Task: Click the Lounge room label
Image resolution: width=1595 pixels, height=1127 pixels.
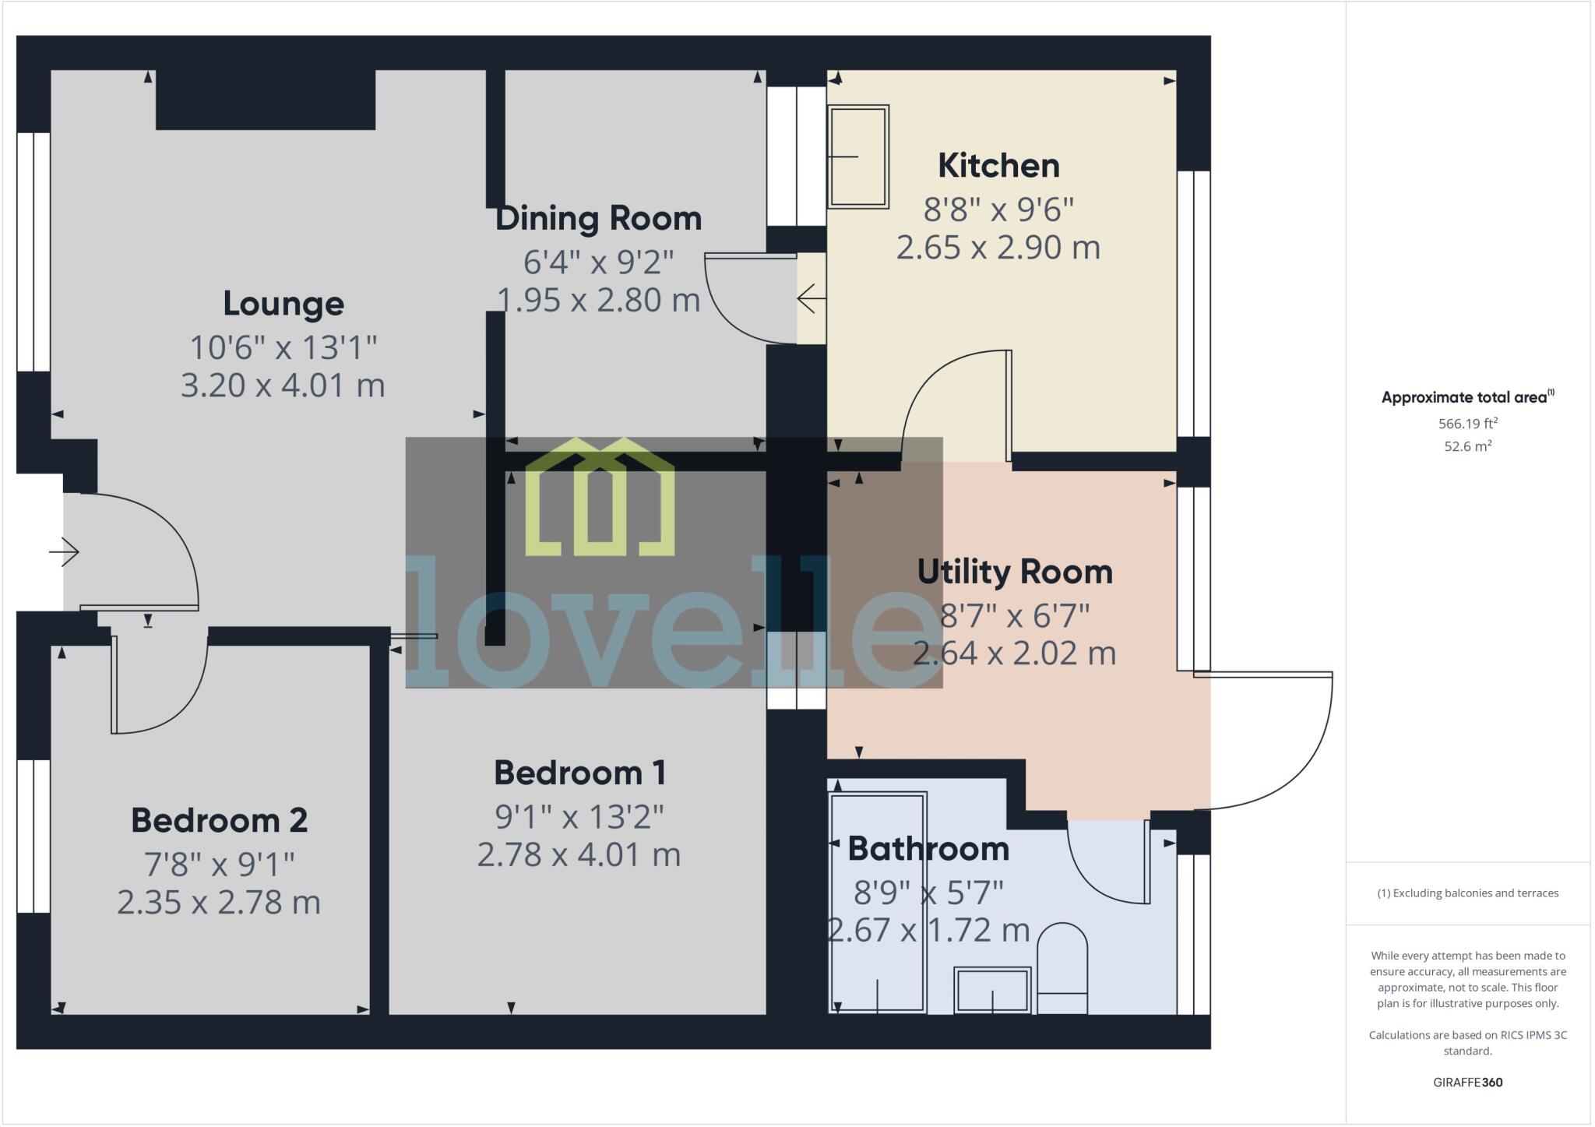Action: (283, 304)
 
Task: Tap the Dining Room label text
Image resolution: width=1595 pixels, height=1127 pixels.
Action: (598, 218)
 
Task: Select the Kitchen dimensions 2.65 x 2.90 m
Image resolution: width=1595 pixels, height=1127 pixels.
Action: (998, 248)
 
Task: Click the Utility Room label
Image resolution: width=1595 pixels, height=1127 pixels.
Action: (1014, 572)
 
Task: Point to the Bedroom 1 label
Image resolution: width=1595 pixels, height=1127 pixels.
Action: (579, 773)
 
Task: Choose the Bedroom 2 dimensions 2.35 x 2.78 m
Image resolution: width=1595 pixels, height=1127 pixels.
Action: (219, 902)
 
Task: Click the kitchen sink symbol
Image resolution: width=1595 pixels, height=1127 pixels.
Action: (857, 157)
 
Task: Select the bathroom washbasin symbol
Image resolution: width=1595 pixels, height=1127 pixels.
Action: (992, 990)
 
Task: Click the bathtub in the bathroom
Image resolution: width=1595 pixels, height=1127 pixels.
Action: (878, 903)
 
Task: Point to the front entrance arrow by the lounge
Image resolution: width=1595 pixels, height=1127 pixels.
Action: (64, 552)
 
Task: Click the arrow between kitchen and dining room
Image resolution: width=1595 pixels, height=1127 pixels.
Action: (811, 298)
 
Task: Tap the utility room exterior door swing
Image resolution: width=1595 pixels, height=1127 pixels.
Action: (1277, 740)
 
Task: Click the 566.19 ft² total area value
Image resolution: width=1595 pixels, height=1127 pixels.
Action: (1467, 424)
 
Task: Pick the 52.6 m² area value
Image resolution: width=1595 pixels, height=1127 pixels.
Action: (1467, 446)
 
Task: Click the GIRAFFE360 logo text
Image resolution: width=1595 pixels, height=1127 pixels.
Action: (1467, 1082)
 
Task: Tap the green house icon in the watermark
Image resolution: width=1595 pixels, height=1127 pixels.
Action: (599, 498)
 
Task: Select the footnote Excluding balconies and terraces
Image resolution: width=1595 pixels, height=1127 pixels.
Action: (1467, 893)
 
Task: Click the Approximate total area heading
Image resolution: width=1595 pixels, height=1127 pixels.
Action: (1466, 397)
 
